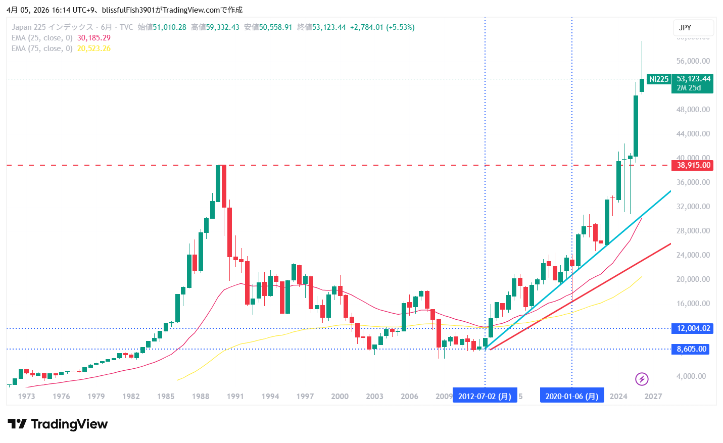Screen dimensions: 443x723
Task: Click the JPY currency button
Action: (x=693, y=28)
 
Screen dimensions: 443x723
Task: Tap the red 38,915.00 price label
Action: (x=693, y=165)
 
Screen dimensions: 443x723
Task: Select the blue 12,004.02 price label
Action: (x=693, y=328)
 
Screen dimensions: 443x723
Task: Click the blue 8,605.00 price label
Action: (x=691, y=349)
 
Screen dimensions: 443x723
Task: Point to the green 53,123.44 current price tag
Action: (x=693, y=79)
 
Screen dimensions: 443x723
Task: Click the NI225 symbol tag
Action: (x=658, y=79)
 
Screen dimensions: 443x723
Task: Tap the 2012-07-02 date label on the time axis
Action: (x=485, y=397)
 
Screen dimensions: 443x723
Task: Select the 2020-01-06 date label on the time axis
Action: (x=571, y=397)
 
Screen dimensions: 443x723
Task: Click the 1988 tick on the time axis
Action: (x=201, y=397)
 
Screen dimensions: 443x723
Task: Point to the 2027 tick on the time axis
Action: (x=653, y=397)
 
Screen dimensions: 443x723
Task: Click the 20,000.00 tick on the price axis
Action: (x=693, y=279)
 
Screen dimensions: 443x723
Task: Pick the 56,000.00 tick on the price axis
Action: (x=693, y=61)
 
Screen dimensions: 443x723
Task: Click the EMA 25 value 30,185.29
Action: (x=94, y=38)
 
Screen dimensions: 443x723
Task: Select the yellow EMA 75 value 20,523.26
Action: (x=94, y=48)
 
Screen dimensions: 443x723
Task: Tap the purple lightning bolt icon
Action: (x=642, y=379)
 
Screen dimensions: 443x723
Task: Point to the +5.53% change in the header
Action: (x=400, y=27)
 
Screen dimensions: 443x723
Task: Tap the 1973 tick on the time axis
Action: (x=26, y=397)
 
